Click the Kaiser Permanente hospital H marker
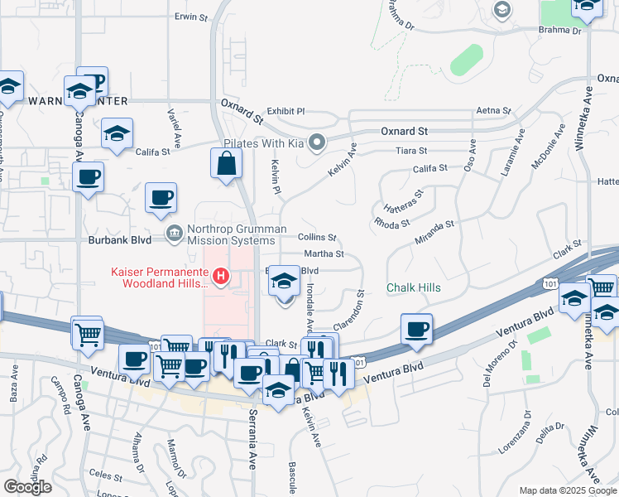220,276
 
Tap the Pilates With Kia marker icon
314,141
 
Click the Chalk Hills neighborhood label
414,287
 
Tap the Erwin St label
189,16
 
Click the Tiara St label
411,151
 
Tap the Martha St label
324,254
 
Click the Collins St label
317,237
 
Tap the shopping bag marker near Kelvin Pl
226,164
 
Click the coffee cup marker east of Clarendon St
416,329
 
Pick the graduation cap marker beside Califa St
117,133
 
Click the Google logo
27,487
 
